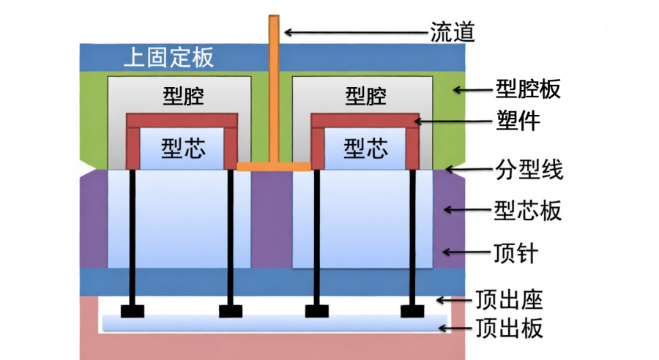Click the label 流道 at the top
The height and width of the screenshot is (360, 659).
(x=452, y=32)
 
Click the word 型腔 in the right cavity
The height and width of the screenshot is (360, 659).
(x=365, y=97)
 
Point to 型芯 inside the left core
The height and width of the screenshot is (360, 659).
(x=181, y=149)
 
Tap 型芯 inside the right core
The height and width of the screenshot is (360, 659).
(x=365, y=149)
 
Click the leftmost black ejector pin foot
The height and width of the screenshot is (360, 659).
(x=133, y=311)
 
